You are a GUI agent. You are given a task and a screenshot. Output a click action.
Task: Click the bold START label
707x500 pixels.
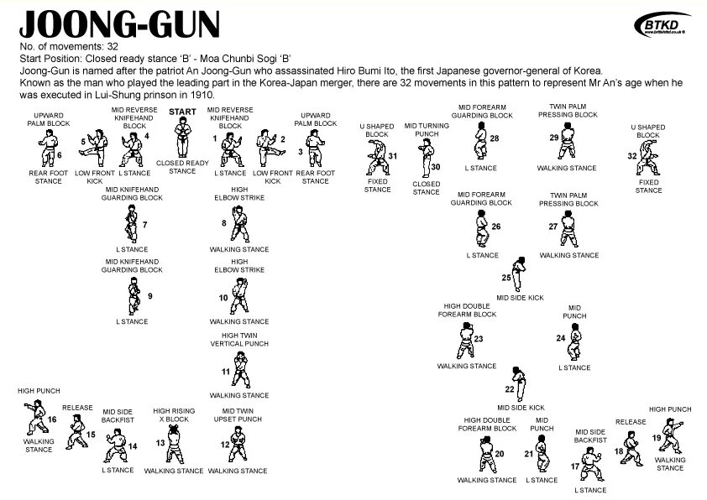182,111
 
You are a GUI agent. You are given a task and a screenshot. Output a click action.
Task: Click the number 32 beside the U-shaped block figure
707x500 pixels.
631,156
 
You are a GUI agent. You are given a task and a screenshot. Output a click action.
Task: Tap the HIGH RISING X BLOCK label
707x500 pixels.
174,415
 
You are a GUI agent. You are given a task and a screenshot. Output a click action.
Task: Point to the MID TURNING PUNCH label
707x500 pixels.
427,130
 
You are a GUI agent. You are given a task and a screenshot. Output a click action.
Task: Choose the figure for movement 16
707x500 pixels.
34,417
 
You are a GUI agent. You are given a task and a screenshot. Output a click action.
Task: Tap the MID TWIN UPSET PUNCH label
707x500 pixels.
238,415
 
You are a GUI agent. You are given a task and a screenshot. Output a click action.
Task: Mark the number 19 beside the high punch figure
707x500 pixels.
655,438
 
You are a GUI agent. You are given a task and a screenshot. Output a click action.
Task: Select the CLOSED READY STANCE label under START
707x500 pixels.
182,167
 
